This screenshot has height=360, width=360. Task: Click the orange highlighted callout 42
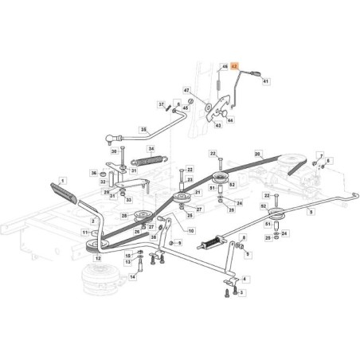[x=235, y=68]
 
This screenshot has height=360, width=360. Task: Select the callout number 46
[x=224, y=67]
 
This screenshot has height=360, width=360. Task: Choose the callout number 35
[x=143, y=129]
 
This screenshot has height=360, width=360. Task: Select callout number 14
[x=132, y=278]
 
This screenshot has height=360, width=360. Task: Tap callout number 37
[x=160, y=104]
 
